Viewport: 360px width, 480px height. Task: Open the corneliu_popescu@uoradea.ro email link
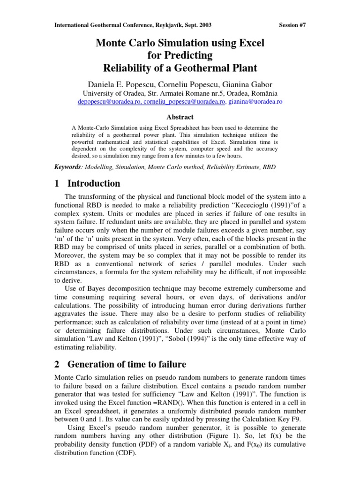[184, 101]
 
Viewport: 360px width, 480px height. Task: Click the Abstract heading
[180, 117]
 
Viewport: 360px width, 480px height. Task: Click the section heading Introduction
[94, 183]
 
